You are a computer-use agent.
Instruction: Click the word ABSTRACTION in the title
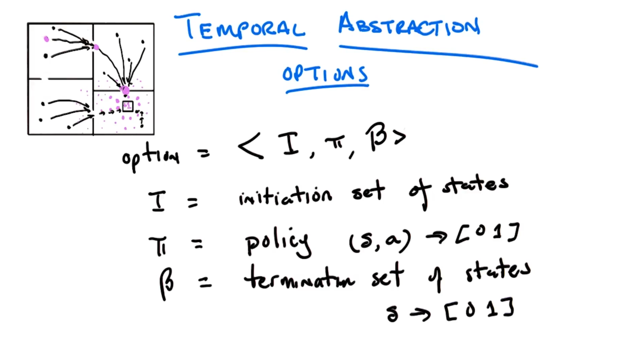pos(410,25)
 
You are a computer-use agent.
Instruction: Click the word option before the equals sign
pos(151,157)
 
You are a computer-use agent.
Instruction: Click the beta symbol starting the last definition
pos(167,283)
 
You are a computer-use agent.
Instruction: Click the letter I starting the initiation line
pos(157,201)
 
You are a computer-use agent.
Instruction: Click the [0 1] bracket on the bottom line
pos(479,309)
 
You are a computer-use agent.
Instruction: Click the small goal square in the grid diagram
pos(128,106)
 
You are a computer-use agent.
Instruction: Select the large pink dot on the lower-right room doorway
pos(125,90)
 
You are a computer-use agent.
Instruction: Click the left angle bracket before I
pos(250,145)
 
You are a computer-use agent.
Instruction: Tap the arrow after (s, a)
pos(436,237)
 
